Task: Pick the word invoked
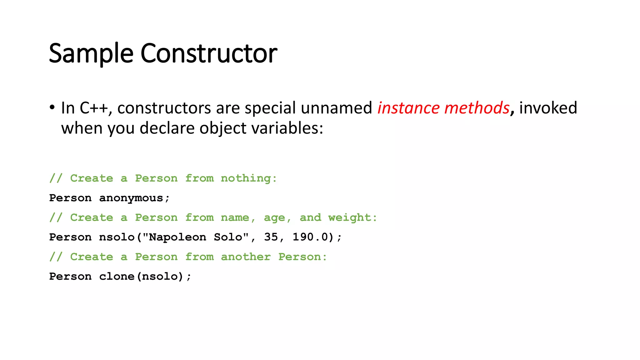[x=548, y=108]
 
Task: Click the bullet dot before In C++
[x=52, y=107]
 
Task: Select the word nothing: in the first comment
[x=249, y=178]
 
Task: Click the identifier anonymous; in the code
[x=134, y=198]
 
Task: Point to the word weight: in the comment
[x=352, y=217]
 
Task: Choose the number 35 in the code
[x=271, y=237]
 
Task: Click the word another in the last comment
[x=246, y=257]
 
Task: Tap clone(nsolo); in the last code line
[x=145, y=277]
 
